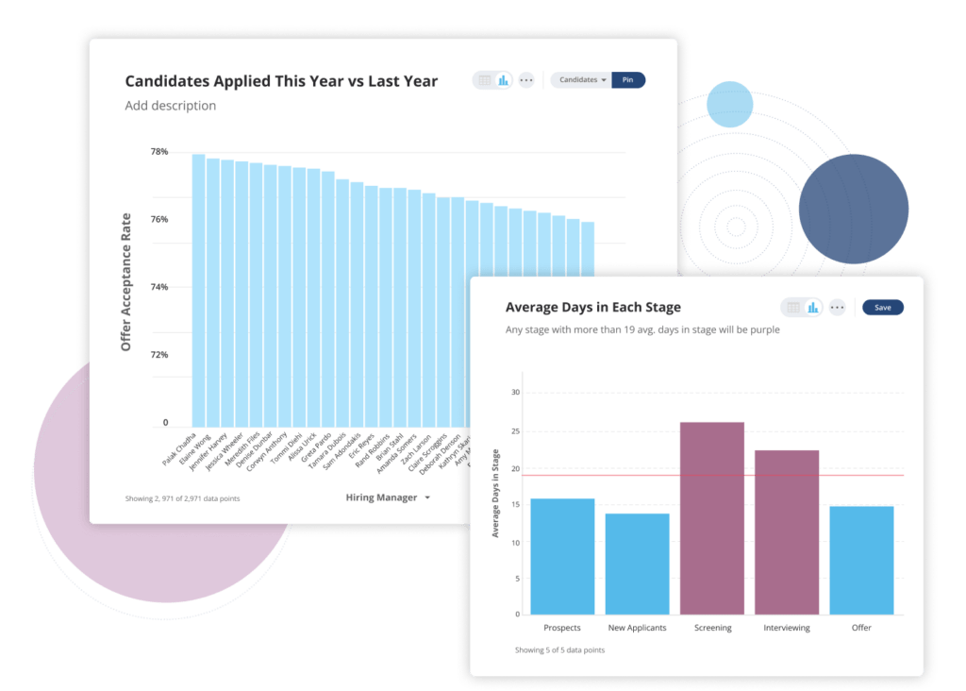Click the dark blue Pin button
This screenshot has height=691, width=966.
pyautogui.click(x=628, y=80)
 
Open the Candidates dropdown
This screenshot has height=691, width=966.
pyautogui.click(x=582, y=80)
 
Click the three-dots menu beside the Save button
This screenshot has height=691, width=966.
pyautogui.click(x=837, y=307)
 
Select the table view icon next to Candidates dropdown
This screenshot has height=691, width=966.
pyautogui.click(x=485, y=80)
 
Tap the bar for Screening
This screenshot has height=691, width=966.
pyautogui.click(x=712, y=518)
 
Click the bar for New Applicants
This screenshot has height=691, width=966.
pyautogui.click(x=637, y=564)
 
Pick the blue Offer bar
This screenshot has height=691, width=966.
pyautogui.click(x=861, y=560)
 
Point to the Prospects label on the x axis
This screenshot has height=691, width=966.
pyautogui.click(x=562, y=628)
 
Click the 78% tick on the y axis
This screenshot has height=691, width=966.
pyautogui.click(x=158, y=152)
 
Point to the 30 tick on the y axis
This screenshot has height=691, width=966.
pyautogui.click(x=515, y=392)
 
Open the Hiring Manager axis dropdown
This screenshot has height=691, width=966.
pyautogui.click(x=388, y=497)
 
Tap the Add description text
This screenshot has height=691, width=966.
pyautogui.click(x=171, y=106)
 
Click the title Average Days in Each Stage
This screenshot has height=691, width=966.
pyautogui.click(x=592, y=307)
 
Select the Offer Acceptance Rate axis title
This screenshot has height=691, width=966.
pyautogui.click(x=126, y=282)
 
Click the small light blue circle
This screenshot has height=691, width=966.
pyautogui.click(x=729, y=104)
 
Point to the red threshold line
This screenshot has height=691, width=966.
pyautogui.click(x=660, y=475)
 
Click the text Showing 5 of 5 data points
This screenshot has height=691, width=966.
pyautogui.click(x=559, y=650)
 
